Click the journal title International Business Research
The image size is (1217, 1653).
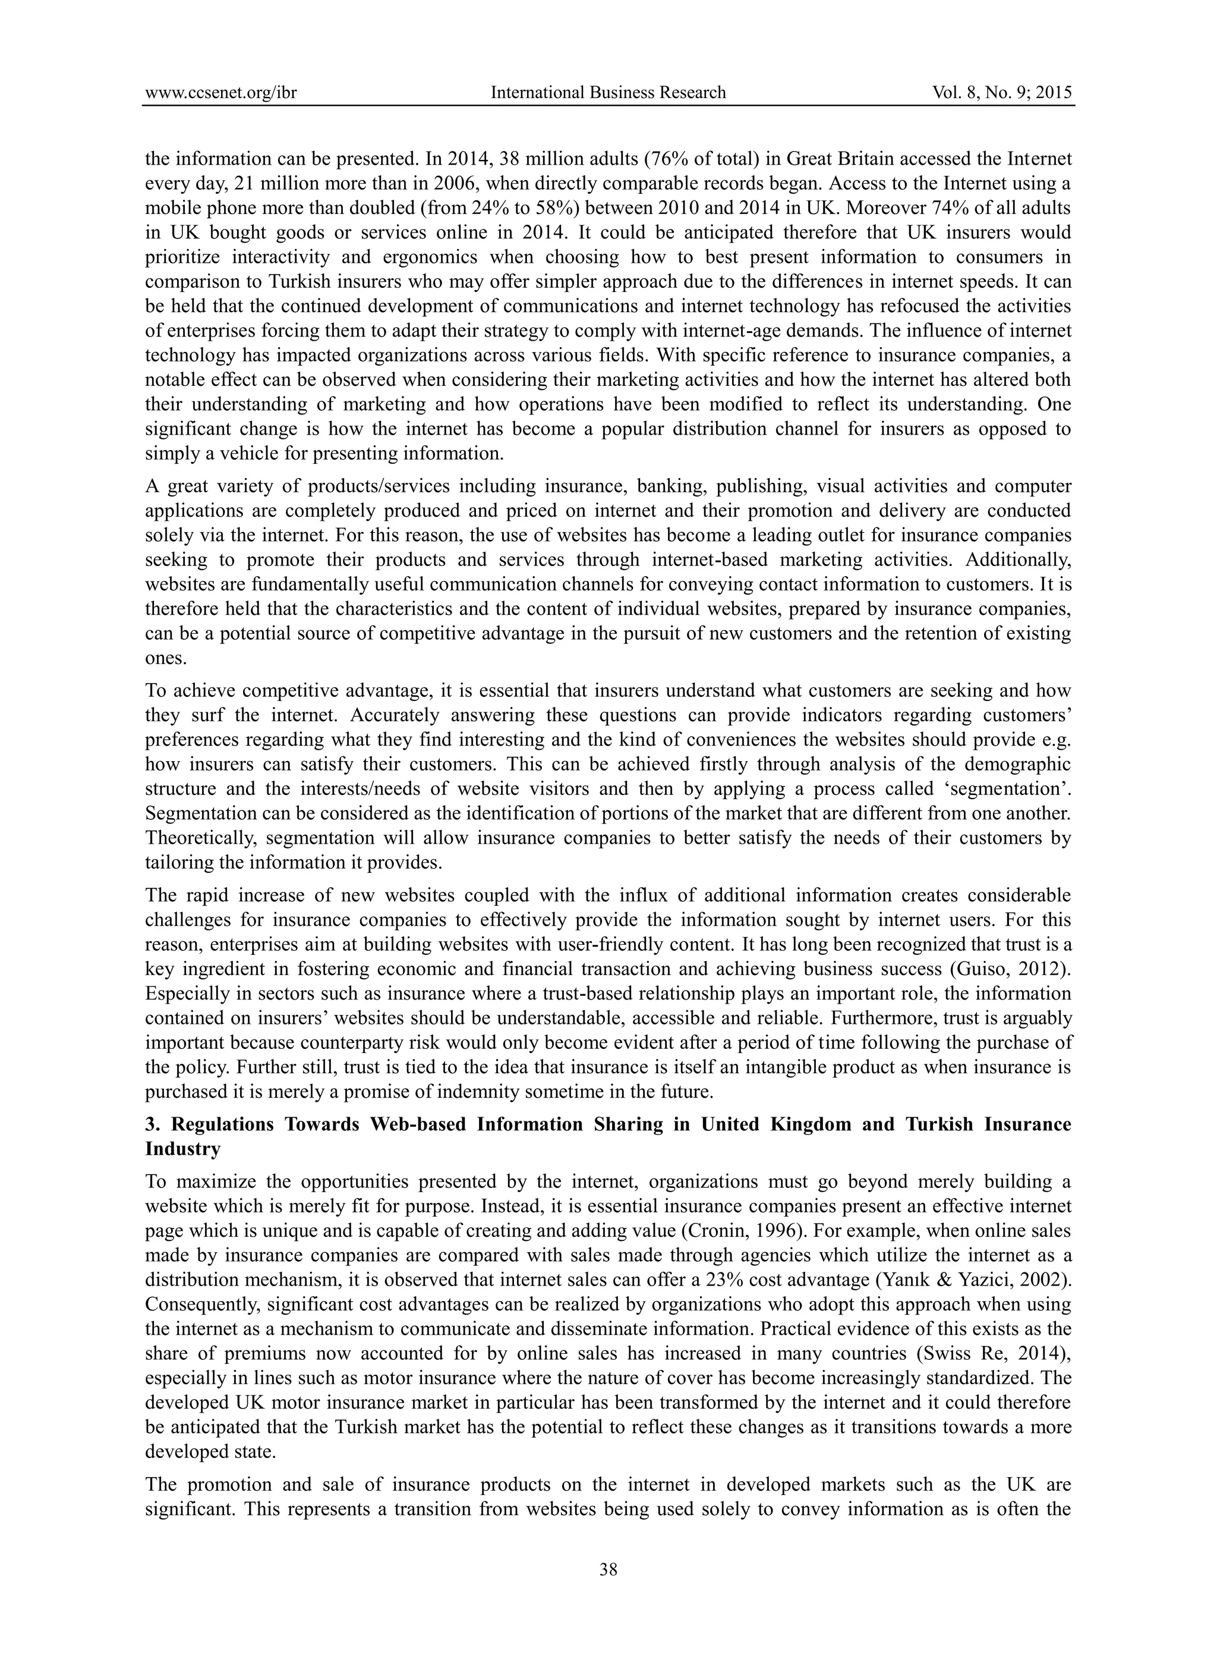coord(608,92)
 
